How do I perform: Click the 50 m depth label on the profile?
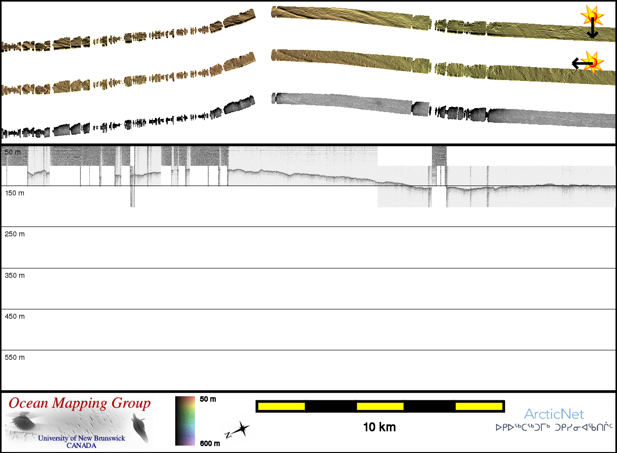tap(13, 152)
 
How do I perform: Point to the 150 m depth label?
tap(14, 193)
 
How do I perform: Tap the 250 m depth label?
tap(14, 234)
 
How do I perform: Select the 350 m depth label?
tap(14, 275)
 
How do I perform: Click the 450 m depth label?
tap(14, 316)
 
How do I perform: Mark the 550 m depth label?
tap(14, 357)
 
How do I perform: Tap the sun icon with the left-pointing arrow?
tap(594, 62)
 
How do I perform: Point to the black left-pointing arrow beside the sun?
tap(579, 63)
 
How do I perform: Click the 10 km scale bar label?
tap(379, 427)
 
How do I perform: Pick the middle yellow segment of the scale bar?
tap(380, 406)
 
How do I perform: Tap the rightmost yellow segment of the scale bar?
tap(479, 406)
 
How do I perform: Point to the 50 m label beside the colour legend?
tap(208, 399)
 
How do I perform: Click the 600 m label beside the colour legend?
tap(209, 443)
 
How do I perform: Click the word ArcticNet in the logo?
tap(554, 414)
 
